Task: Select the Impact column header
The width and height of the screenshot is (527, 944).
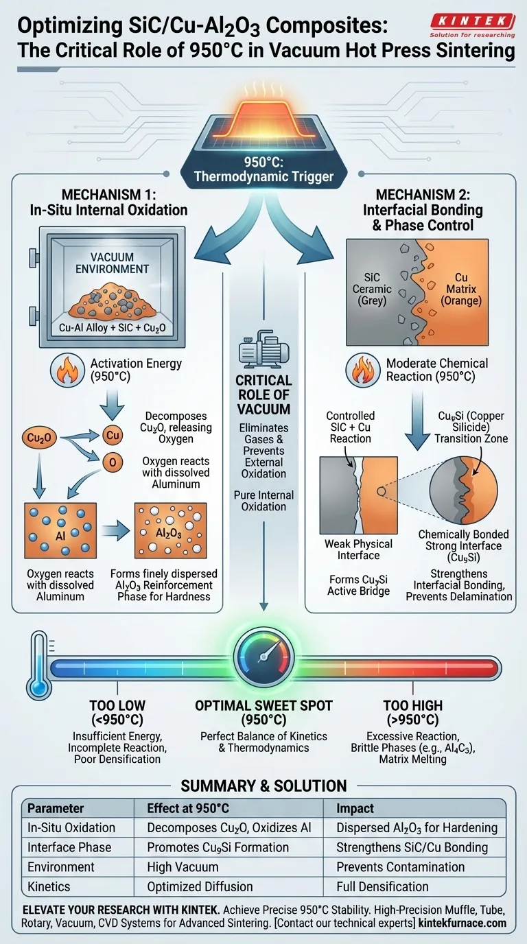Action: [x=354, y=808]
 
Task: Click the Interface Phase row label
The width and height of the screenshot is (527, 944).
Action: [x=69, y=847]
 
